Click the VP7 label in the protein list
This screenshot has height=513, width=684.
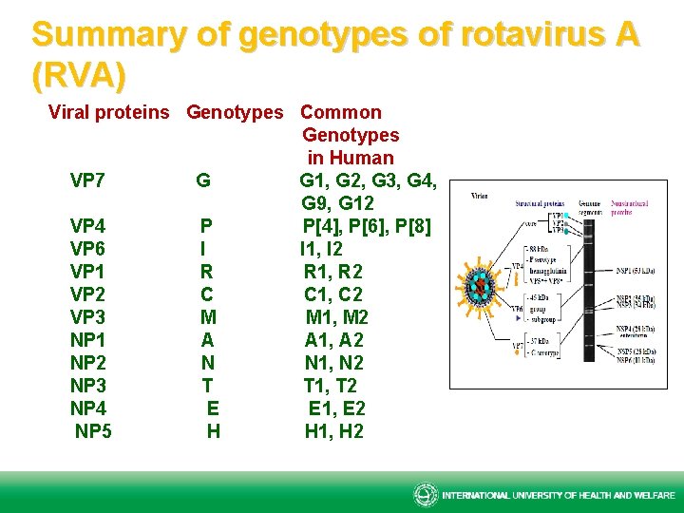(x=87, y=180)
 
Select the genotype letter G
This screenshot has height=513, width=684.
(x=203, y=180)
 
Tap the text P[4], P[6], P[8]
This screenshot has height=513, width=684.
(x=367, y=226)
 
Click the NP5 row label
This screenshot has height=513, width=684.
(x=93, y=431)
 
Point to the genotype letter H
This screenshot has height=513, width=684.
(x=214, y=431)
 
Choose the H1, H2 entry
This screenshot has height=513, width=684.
(x=333, y=431)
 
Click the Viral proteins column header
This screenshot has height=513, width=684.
(x=109, y=112)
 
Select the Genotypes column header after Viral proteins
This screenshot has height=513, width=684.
(x=235, y=112)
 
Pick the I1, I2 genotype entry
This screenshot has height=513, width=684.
(x=322, y=249)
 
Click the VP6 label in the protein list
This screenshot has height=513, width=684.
(x=87, y=249)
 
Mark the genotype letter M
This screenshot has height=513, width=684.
(x=208, y=317)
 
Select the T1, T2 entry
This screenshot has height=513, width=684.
(x=331, y=386)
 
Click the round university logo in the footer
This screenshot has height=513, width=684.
(x=425, y=495)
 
